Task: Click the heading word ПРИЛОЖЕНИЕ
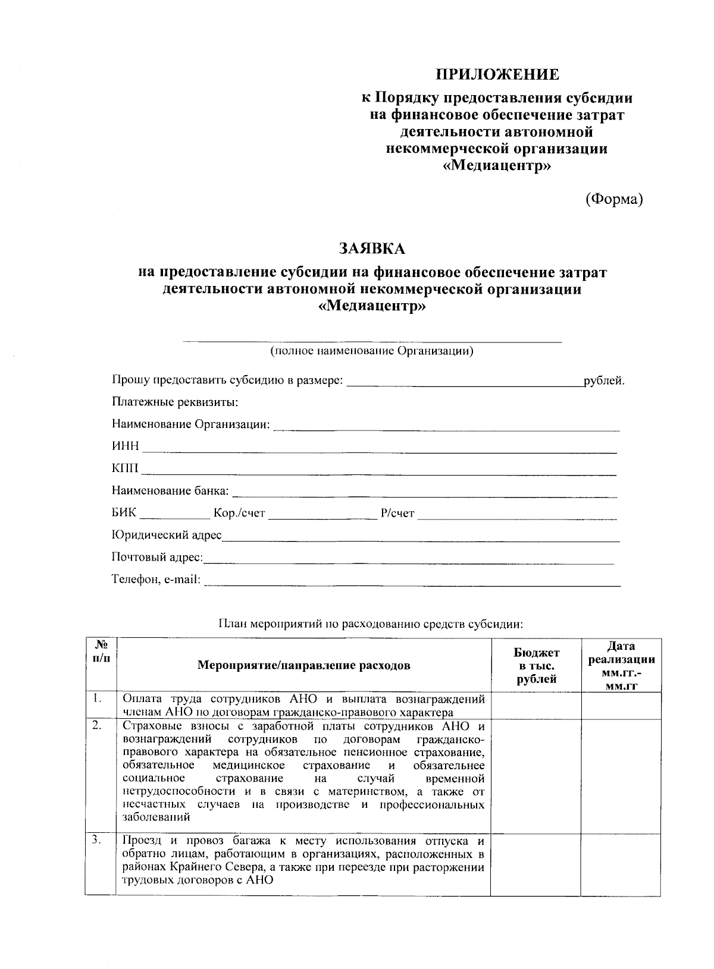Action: pyautogui.click(x=497, y=75)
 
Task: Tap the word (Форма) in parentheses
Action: pyautogui.click(x=614, y=200)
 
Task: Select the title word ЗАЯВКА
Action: pyautogui.click(x=372, y=248)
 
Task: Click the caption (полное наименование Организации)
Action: pyautogui.click(x=372, y=351)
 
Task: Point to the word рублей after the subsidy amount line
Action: pyautogui.click(x=604, y=380)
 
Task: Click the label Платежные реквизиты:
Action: pyautogui.click(x=175, y=403)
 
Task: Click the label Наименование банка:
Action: pyautogui.click(x=170, y=492)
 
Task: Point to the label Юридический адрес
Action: pyautogui.click(x=167, y=536)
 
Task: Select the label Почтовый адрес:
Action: pyautogui.click(x=157, y=558)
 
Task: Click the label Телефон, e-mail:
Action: pyautogui.click(x=156, y=580)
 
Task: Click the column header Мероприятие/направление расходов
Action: pyautogui.click(x=303, y=665)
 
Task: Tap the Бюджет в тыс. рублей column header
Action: pyautogui.click(x=537, y=666)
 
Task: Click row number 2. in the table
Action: pyautogui.click(x=97, y=726)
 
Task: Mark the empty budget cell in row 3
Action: pyautogui.click(x=535, y=865)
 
